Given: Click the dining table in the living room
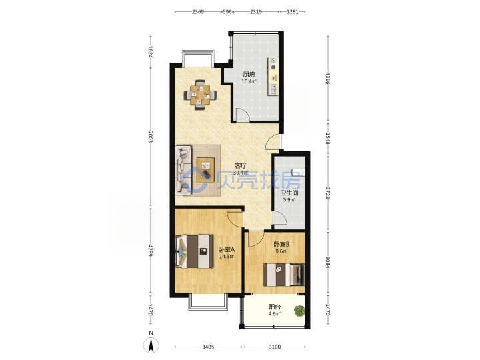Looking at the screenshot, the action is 200,95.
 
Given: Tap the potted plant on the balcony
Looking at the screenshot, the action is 299,311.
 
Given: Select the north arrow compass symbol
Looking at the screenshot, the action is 151,345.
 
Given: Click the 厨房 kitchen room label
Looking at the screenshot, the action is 249,75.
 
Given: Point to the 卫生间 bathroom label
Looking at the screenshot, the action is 289,193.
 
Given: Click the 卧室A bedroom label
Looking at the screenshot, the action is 226,249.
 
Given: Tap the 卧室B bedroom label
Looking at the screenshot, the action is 281,244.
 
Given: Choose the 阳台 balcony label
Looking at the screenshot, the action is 275,307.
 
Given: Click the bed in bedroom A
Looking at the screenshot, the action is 194,251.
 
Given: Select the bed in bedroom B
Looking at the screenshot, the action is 284,275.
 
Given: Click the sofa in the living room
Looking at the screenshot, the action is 184,169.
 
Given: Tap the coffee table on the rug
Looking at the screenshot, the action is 205,169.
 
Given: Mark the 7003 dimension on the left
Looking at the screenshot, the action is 150,136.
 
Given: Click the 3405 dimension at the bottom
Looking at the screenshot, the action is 208,347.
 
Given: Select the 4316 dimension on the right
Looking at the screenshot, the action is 327,78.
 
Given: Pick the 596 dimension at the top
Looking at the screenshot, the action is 227,11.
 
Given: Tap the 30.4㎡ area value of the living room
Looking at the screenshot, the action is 241,173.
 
